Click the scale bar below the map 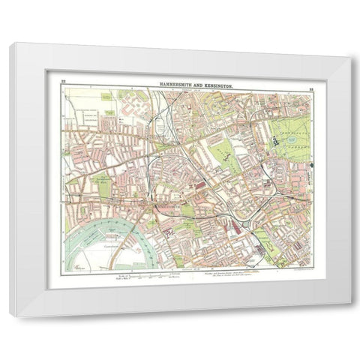(x=162, y=277)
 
